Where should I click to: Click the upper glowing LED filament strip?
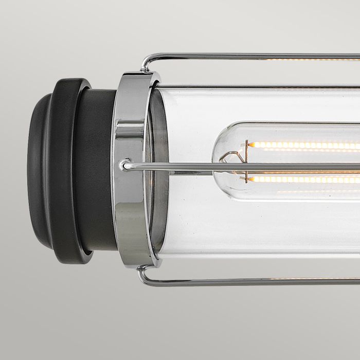click(303, 146)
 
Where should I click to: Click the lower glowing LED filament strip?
click(303, 179)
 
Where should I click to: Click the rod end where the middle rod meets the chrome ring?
click(124, 165)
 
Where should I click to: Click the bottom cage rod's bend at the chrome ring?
click(145, 275)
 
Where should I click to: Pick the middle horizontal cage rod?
click(257, 166)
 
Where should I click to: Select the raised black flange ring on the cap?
click(67, 170)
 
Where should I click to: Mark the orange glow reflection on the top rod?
click(309, 59)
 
